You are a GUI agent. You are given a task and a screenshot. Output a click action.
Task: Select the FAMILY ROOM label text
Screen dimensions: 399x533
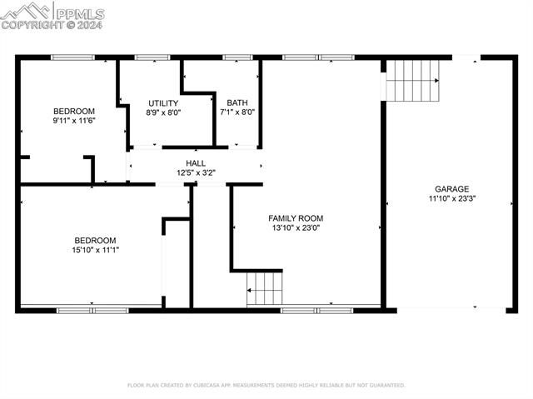tap(295, 217)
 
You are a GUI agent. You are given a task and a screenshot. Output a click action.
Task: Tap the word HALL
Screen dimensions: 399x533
tap(196, 163)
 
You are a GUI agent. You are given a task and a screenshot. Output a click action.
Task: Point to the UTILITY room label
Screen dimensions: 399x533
tap(163, 102)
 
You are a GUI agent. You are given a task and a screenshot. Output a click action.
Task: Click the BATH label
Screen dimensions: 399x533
tap(237, 102)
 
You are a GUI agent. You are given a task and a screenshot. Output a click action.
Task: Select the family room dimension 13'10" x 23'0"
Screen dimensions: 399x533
tap(295, 227)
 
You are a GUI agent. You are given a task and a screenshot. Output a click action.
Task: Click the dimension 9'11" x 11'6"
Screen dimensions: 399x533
tap(74, 121)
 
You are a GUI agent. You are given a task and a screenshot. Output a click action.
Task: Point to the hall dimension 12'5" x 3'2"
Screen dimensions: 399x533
tap(196, 173)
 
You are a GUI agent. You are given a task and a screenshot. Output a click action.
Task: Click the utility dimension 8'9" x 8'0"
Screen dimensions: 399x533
tap(163, 112)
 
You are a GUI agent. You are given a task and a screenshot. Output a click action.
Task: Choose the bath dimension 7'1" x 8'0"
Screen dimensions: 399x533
tap(237, 112)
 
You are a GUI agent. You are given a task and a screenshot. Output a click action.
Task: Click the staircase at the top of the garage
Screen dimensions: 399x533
tap(412, 79)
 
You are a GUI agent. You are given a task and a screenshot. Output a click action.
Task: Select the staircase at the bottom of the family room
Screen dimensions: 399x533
tap(265, 288)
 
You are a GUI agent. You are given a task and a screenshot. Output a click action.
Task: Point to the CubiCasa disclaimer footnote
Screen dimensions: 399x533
tap(266, 386)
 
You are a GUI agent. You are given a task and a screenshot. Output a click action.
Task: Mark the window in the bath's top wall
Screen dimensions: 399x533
tap(237, 57)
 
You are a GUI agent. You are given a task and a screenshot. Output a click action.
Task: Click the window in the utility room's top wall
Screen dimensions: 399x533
tap(152, 57)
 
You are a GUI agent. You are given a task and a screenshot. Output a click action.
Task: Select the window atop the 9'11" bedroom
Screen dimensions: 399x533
tap(72, 57)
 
